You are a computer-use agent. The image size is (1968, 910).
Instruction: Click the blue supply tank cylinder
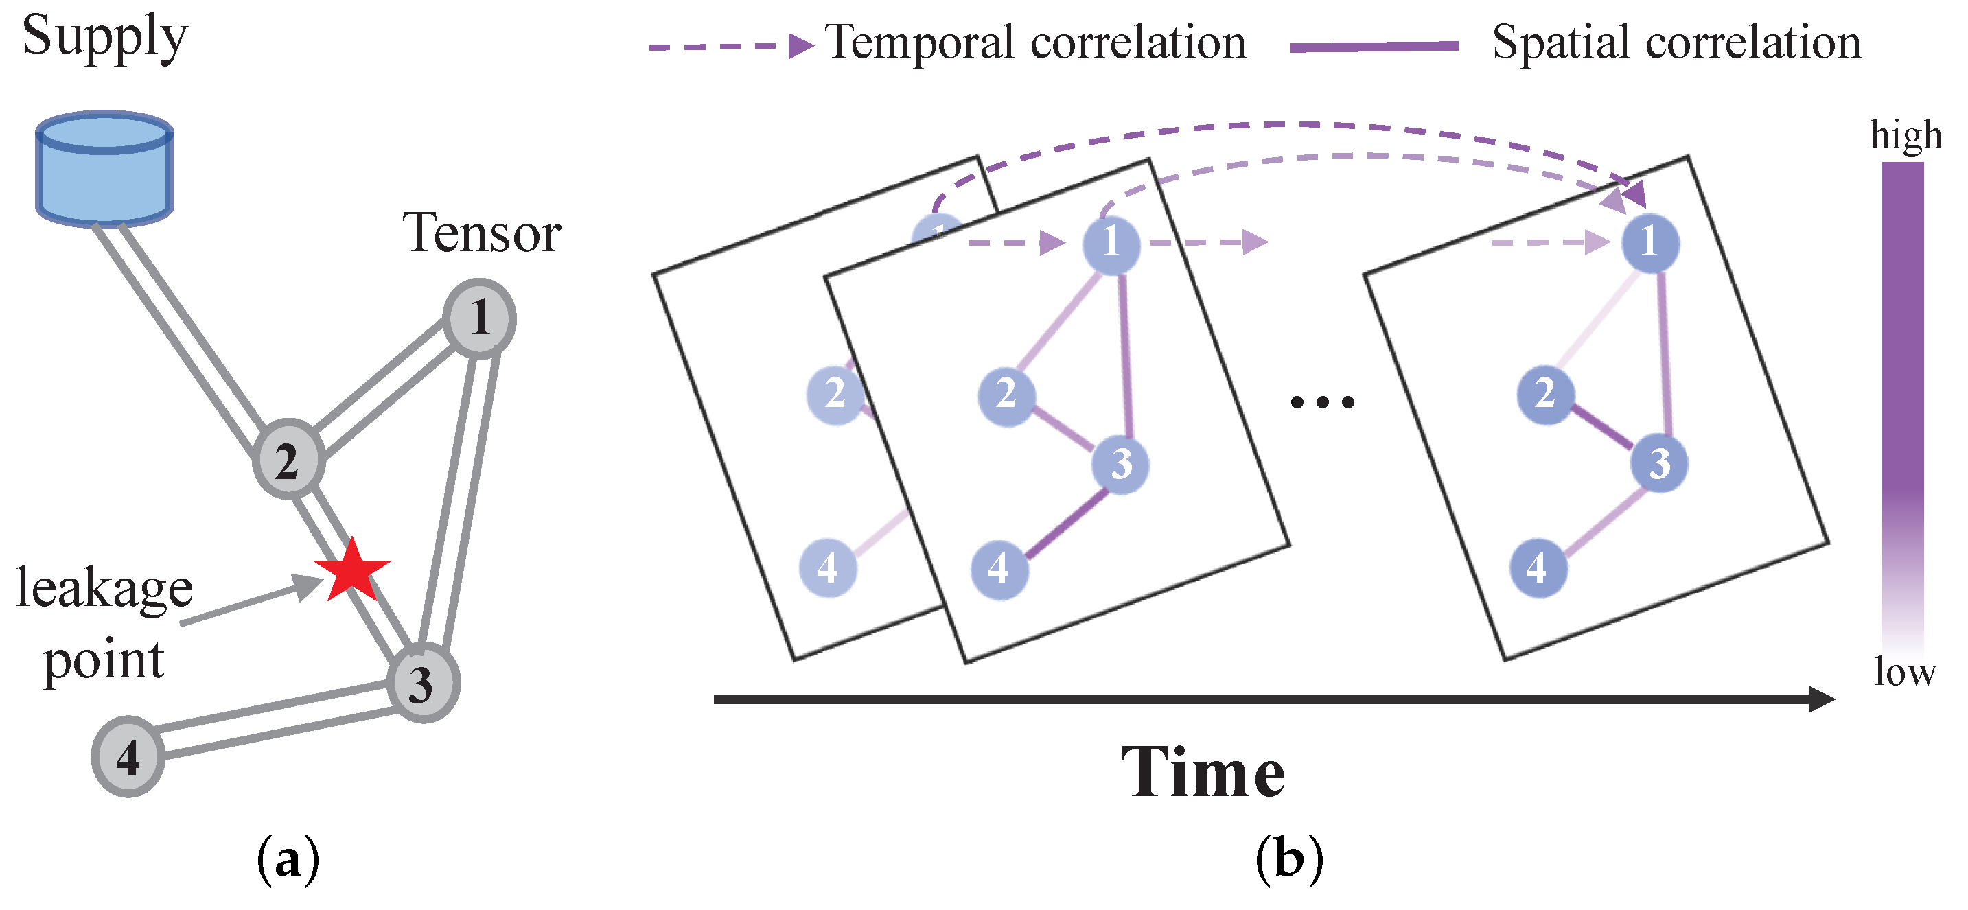pos(104,170)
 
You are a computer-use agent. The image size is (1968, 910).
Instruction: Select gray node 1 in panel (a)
pos(479,318)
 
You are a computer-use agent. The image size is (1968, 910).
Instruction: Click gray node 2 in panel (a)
pos(288,459)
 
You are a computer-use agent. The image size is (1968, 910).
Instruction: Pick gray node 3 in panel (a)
pos(422,683)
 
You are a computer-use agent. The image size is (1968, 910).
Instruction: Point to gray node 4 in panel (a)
pos(128,756)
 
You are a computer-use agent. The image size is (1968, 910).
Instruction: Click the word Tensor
pos(481,233)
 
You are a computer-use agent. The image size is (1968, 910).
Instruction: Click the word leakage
pos(104,588)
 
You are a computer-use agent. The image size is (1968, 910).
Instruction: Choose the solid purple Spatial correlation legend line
pos(1374,47)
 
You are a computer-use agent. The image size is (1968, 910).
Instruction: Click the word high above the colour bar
pos(1906,136)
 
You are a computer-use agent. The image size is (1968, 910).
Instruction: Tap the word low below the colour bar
pos(1905,673)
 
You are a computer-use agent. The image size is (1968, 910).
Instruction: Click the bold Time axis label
pos(1203,773)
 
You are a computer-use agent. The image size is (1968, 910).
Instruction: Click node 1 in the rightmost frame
pos(1649,243)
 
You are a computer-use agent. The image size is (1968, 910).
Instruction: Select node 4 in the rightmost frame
pos(1538,568)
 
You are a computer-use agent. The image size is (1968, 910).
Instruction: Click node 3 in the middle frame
pos(1120,464)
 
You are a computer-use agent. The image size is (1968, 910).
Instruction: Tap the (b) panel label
pos(1289,859)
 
